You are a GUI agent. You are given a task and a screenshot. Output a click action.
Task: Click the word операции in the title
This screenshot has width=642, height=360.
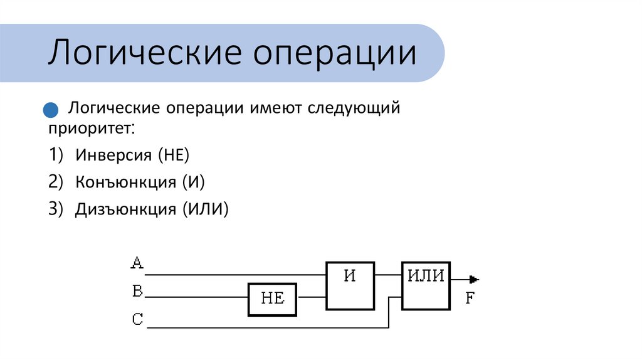335,54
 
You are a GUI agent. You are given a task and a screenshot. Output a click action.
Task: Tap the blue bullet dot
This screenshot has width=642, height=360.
50,110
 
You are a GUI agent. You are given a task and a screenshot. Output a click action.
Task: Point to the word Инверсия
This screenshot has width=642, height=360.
114,154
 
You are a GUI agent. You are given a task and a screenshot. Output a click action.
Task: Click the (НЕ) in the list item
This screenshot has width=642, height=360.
173,154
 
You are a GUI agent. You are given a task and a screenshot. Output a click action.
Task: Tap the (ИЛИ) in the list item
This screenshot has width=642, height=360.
206,209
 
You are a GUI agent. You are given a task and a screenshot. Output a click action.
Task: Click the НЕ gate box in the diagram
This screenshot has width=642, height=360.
273,299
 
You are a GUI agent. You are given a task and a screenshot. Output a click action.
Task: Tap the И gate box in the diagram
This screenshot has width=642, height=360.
350,285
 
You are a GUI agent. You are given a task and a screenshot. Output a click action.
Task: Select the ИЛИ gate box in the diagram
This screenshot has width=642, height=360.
426,285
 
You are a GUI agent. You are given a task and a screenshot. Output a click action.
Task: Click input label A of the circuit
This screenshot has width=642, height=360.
137,263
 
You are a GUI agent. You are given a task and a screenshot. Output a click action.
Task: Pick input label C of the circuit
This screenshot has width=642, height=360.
137,320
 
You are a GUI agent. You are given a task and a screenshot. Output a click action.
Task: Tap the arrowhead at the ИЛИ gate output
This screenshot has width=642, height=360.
474,279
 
